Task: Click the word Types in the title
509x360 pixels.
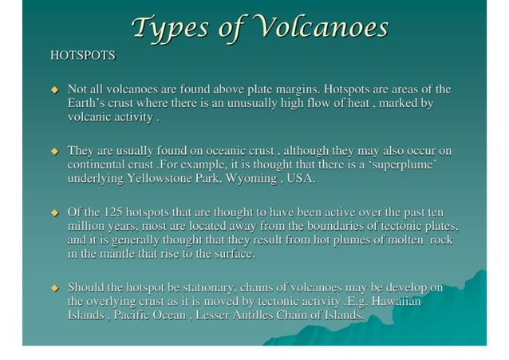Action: click(172, 27)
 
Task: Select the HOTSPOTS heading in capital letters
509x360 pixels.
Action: click(82, 56)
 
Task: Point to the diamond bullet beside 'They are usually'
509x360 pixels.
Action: click(55, 151)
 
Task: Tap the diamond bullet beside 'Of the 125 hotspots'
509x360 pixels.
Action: click(55, 213)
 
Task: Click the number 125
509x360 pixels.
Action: click(113, 212)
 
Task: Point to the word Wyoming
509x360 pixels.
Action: click(251, 179)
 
